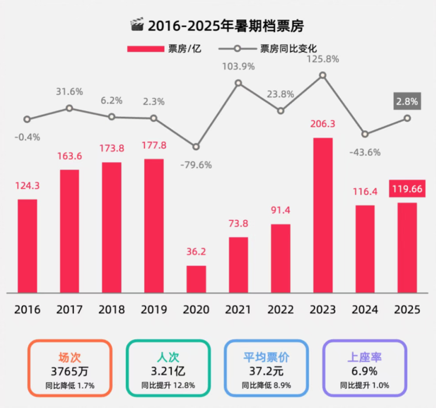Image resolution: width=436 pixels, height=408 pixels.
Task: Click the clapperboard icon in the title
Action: pos(137,25)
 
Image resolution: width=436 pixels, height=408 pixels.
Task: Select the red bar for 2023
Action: pos(323,215)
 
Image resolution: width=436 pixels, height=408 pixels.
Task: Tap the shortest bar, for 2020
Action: pos(196,279)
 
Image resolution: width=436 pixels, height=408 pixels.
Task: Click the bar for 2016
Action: pos(27,246)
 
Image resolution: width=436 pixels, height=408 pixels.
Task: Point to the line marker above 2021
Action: pos(238,82)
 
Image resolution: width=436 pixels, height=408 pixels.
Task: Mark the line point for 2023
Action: pos(323,75)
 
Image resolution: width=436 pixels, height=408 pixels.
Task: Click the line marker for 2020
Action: pos(196,147)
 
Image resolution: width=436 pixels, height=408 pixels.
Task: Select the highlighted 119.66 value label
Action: pos(407,189)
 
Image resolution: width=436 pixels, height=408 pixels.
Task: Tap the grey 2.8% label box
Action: pos(407,101)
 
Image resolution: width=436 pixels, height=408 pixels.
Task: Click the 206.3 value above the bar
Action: pos(323,124)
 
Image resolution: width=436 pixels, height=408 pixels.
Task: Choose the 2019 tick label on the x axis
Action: pos(154,309)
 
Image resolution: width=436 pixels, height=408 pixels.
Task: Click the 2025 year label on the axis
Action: pos(407,309)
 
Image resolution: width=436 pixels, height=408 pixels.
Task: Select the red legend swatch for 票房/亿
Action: pos(146,49)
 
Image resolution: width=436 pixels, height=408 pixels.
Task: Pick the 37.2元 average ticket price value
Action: pos(266,371)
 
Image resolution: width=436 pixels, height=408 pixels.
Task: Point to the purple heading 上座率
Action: pos(364,357)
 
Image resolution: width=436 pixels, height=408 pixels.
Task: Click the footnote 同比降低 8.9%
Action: pos(266,386)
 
